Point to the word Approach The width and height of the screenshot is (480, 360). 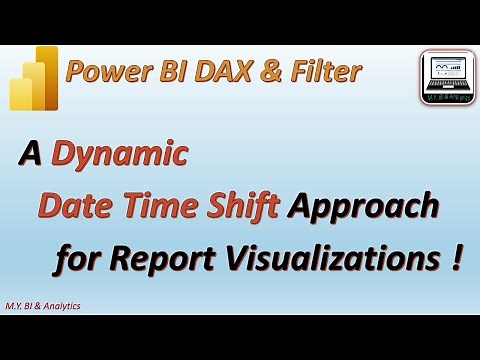(x=363, y=208)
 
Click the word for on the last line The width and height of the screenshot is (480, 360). (x=81, y=260)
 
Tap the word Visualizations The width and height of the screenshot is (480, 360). (x=329, y=260)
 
